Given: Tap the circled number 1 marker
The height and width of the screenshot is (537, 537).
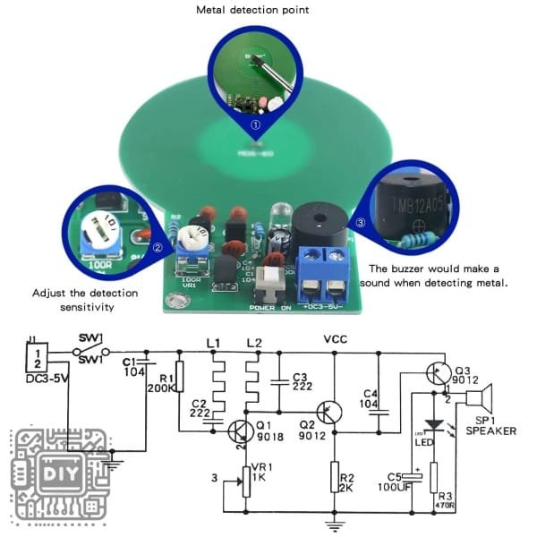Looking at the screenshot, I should coord(255,125).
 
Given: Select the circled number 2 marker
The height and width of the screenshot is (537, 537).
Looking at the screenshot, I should coord(158,248).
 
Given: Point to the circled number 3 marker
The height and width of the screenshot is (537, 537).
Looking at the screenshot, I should coord(361,222).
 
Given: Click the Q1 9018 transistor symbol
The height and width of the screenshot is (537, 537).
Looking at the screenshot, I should coord(239,431).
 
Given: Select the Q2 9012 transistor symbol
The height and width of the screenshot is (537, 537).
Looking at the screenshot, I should coord(330,411).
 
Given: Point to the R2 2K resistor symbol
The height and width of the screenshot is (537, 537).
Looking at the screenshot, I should coord(334,478).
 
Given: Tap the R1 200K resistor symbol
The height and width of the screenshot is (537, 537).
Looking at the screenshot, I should coord(179,377).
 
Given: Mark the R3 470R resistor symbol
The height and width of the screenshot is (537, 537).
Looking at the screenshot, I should coord(433,479).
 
